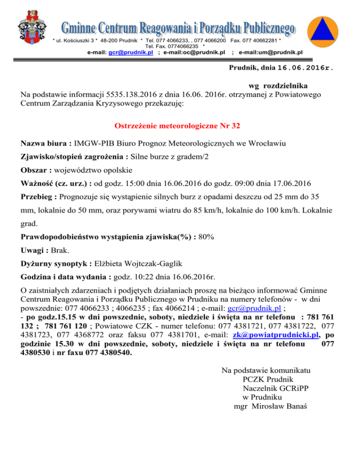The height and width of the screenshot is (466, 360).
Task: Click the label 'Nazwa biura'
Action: (x=44, y=143)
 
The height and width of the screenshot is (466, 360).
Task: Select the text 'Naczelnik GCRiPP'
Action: (x=272, y=388)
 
